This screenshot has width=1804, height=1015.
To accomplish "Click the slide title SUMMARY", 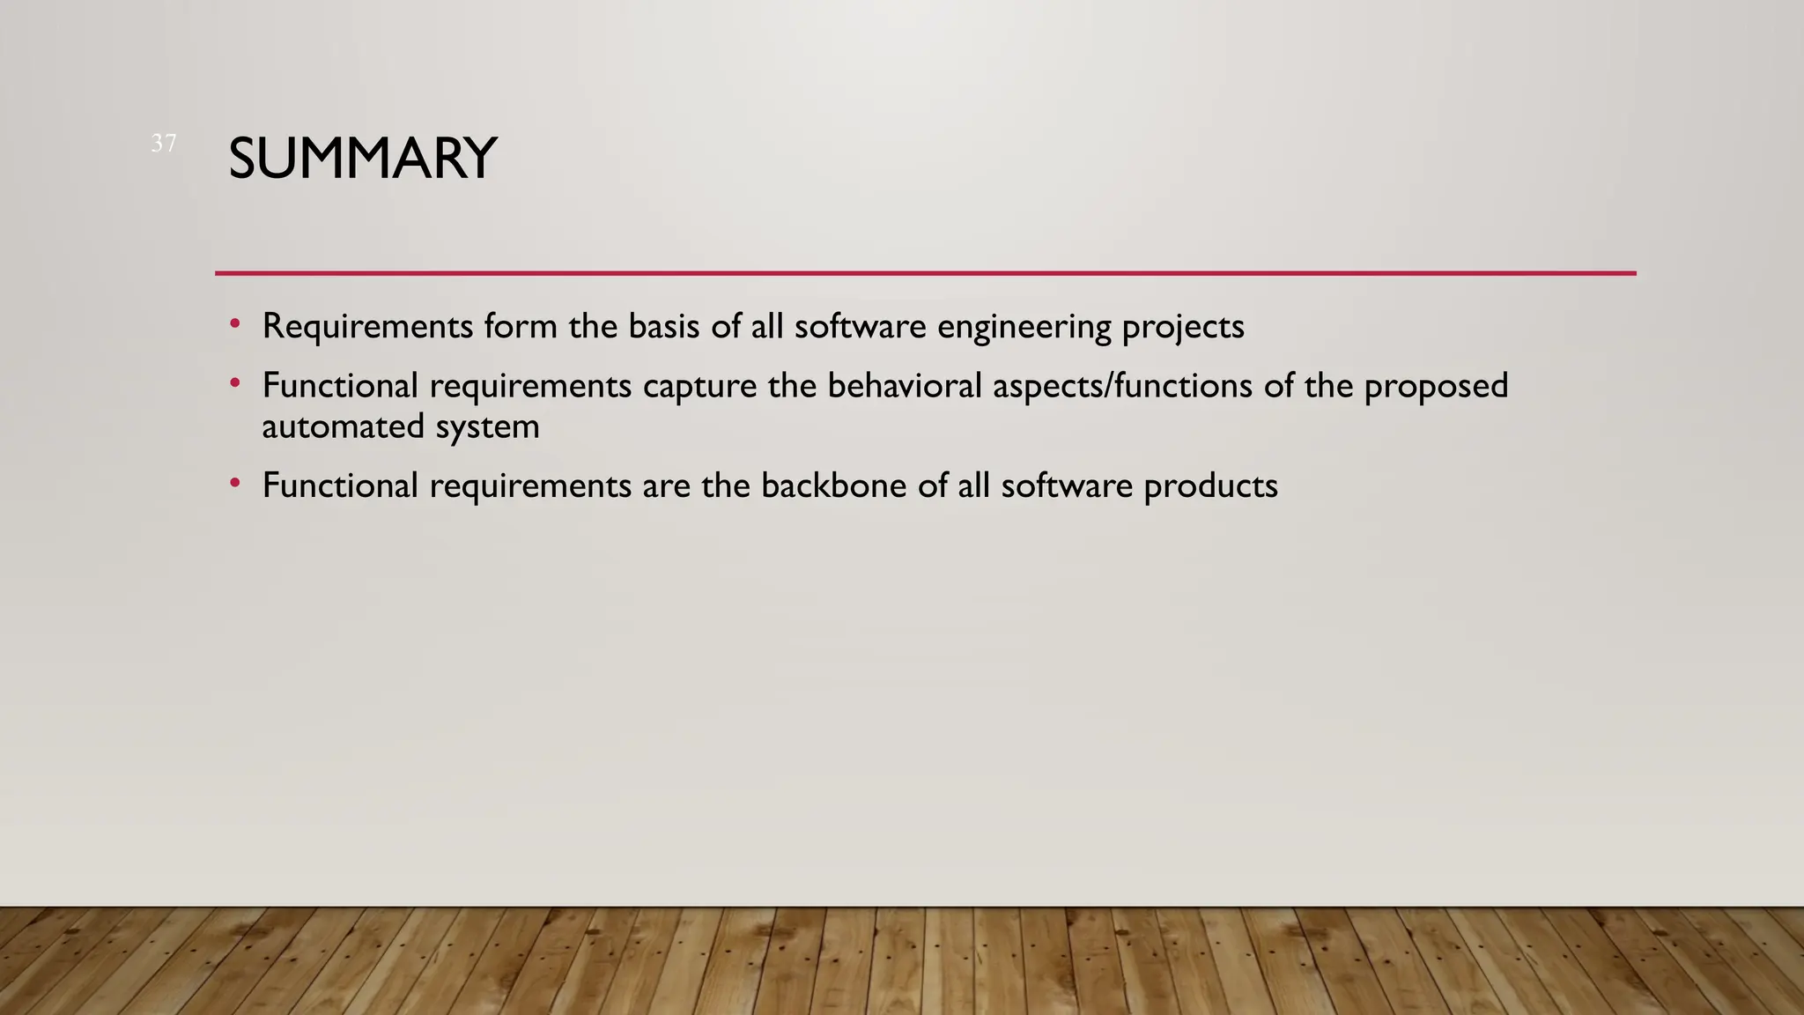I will tap(362, 159).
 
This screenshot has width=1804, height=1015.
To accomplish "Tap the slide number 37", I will tap(164, 143).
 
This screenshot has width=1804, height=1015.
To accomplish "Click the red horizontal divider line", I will tap(925, 273).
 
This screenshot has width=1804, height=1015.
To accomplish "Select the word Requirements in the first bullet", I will tap(367, 327).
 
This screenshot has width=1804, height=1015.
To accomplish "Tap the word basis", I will tap(664, 327).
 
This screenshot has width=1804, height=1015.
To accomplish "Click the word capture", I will tap(699, 387).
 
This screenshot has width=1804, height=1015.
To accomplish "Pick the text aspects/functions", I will tap(1122, 387).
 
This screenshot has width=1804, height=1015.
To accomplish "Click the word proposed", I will tap(1436, 387).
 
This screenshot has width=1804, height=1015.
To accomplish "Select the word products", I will tap(1210, 486).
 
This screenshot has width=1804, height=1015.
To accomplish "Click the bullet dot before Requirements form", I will tap(234, 324).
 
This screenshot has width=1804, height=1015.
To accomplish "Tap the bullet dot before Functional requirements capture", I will tap(234, 383).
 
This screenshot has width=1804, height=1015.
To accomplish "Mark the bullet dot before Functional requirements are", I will tap(234, 483).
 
